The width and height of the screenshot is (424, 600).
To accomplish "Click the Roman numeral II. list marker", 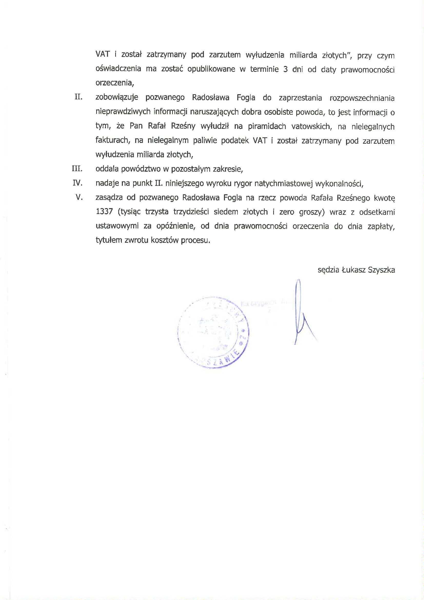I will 78,97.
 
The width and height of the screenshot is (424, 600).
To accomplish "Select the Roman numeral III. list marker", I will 77,169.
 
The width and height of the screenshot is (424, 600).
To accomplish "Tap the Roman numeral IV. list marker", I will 77,183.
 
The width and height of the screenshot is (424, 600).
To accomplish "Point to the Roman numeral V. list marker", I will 79,197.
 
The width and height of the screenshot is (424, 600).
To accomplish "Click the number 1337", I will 104,211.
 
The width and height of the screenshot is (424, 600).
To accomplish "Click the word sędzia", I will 328,270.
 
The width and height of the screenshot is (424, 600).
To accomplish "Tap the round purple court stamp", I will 213,332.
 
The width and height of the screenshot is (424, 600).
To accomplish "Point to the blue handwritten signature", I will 300,314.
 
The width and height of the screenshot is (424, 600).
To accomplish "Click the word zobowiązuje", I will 116,98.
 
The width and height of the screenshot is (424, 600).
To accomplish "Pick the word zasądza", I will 109,197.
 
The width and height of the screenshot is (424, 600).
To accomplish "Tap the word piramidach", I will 267,127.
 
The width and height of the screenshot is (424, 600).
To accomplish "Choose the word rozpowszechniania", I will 362,98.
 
